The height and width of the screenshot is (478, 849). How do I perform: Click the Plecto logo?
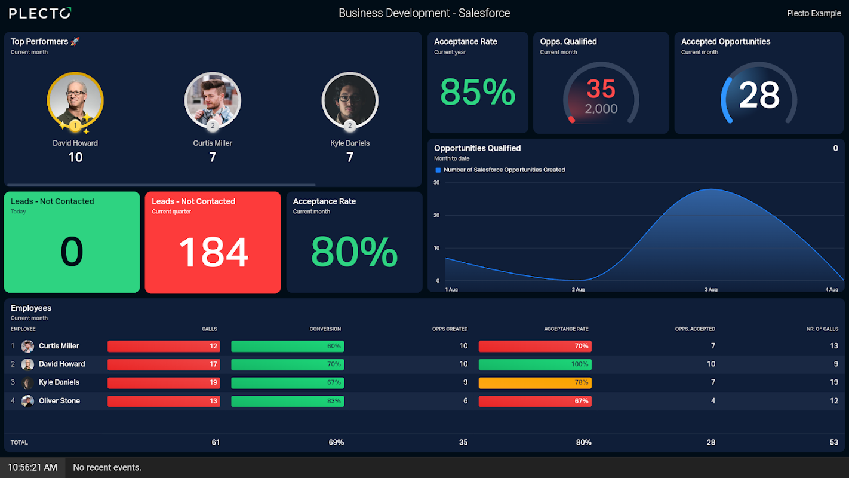(40, 13)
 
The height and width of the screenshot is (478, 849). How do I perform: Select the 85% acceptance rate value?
(478, 92)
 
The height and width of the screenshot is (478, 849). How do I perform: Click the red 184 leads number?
(213, 252)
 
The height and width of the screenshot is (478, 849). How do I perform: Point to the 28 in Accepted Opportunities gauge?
(759, 94)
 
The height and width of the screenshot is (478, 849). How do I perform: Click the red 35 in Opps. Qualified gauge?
(601, 90)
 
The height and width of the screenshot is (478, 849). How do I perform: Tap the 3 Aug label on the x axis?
(710, 290)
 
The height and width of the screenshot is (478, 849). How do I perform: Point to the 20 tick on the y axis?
(436, 215)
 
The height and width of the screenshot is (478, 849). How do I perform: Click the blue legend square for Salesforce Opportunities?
(438, 170)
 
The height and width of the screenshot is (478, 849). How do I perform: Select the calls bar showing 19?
(164, 382)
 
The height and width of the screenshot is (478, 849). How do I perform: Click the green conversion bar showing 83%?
(287, 401)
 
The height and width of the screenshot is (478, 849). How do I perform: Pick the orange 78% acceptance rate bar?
(534, 382)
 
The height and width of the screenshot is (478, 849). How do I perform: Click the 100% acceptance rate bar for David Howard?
(534, 364)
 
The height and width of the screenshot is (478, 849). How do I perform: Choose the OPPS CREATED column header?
(450, 329)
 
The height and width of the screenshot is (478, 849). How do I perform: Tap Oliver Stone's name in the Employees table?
(59, 401)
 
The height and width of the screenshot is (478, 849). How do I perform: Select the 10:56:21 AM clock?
(32, 467)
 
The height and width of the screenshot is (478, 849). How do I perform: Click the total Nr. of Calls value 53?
(834, 442)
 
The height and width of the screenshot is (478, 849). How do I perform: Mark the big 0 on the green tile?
(72, 252)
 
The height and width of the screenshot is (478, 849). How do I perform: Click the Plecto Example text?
(814, 13)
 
